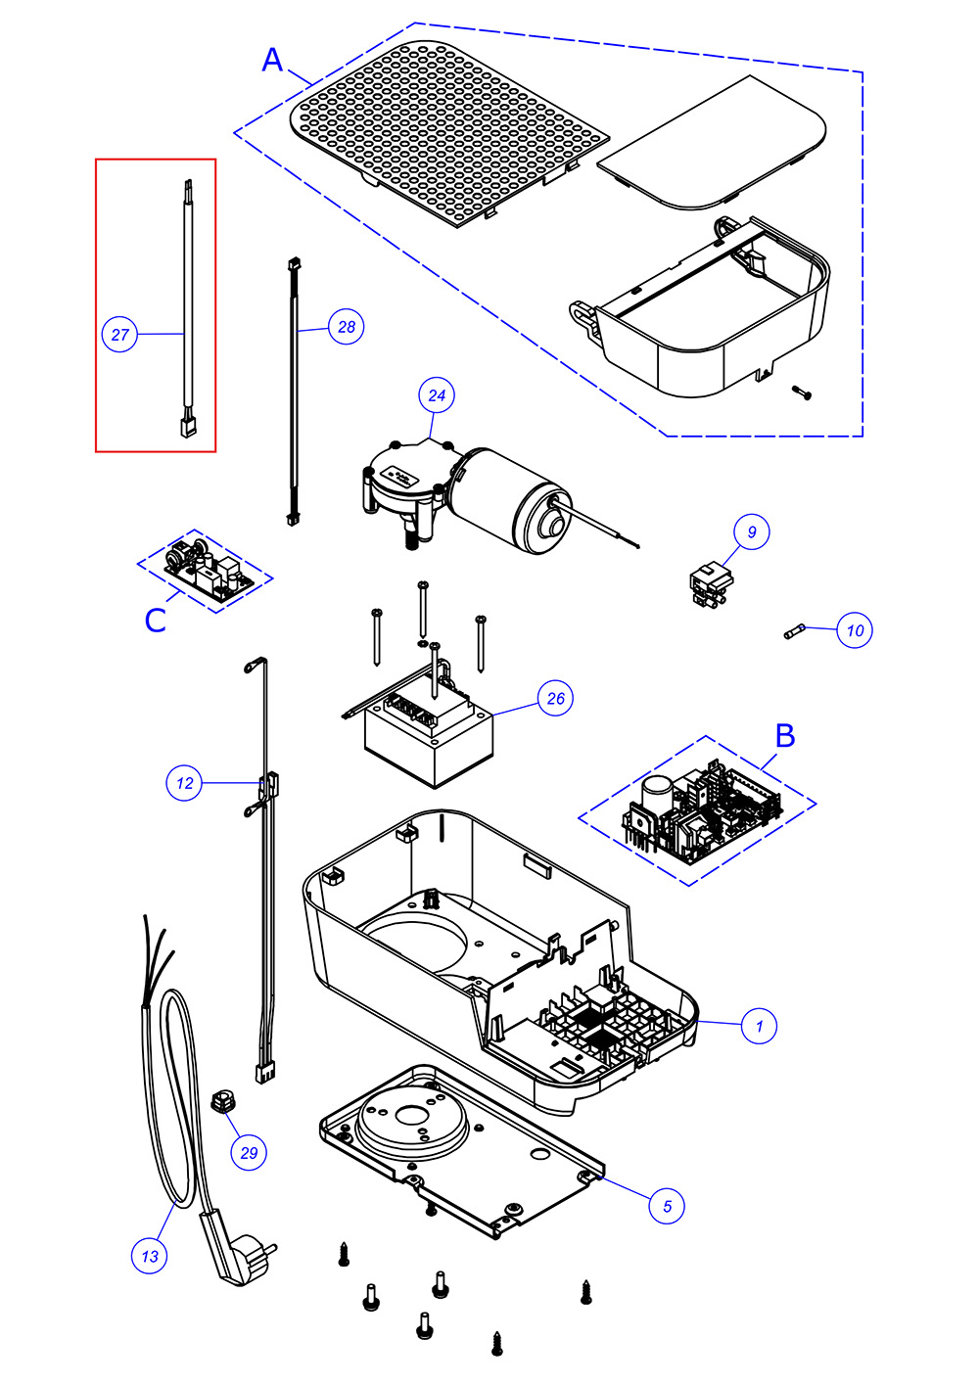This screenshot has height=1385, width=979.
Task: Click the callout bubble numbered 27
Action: pyautogui.click(x=119, y=335)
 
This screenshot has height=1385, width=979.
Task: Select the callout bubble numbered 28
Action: pyautogui.click(x=347, y=327)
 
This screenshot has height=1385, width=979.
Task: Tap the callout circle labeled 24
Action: pyautogui.click(x=437, y=395)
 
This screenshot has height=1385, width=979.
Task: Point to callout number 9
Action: pyautogui.click(x=752, y=532)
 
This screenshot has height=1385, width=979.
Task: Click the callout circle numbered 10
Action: pyautogui.click(x=855, y=630)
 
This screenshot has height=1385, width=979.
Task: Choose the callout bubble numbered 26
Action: pyautogui.click(x=556, y=698)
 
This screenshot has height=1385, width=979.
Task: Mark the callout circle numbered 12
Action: pyautogui.click(x=184, y=783)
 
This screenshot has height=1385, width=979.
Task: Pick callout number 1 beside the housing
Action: pyautogui.click(x=759, y=1026)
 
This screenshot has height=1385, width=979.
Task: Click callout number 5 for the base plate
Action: pyautogui.click(x=667, y=1206)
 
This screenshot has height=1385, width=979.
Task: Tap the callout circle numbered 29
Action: pyautogui.click(x=249, y=1153)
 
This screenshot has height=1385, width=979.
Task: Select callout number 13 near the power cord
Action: pyautogui.click(x=149, y=1256)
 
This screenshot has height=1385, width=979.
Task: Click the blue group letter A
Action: pyautogui.click(x=272, y=61)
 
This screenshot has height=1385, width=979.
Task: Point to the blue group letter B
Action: pyautogui.click(x=785, y=735)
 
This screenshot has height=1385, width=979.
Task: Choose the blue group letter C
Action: pyautogui.click(x=156, y=621)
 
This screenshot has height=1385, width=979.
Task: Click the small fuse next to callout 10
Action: pyautogui.click(x=795, y=632)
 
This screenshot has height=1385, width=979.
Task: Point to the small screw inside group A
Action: pyautogui.click(x=803, y=393)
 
